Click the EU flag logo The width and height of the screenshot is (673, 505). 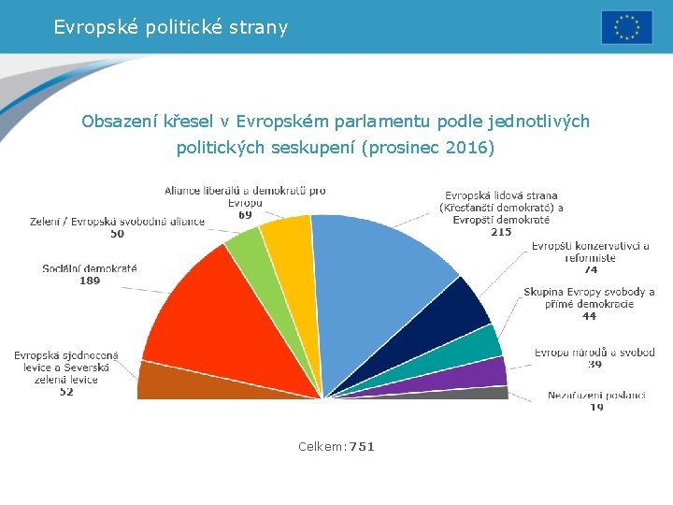coord(626,27)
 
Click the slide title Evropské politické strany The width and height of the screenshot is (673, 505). coord(171,27)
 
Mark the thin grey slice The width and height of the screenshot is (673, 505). coord(467,393)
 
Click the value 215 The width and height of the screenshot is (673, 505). coord(501,232)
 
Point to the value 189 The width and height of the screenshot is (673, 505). coord(90,281)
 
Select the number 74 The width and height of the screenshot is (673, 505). coord(591,269)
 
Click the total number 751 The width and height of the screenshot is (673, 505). coord(361,447)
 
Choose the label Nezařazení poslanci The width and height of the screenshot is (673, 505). coord(596,395)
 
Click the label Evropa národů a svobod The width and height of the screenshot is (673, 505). coord(594,353)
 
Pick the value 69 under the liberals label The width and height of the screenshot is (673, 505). coord(245,214)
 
